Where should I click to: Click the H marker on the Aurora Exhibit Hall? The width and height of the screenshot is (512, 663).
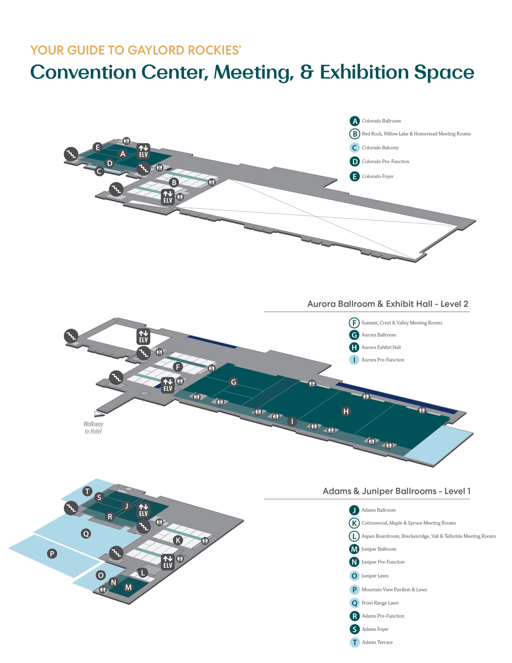pyautogui.click(x=346, y=411)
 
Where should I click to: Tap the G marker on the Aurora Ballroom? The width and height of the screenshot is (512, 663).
pyautogui.click(x=233, y=382)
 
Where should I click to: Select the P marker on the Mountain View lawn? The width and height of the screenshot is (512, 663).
pyautogui.click(x=52, y=554)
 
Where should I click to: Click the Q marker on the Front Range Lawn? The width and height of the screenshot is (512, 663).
pyautogui.click(x=86, y=533)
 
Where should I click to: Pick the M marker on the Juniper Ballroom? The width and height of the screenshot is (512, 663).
pyautogui.click(x=128, y=587)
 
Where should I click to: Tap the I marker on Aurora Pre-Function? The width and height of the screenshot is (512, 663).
pyautogui.click(x=292, y=421)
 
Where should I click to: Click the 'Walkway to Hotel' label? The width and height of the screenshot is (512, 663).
pyautogui.click(x=93, y=427)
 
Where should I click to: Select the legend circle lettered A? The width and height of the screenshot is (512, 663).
pyautogui.click(x=354, y=121)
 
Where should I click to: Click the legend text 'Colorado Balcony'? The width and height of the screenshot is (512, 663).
pyautogui.click(x=380, y=148)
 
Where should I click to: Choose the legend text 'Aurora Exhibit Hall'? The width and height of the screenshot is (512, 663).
pyautogui.click(x=381, y=347)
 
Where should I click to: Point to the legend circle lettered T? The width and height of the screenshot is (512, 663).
pyautogui.click(x=354, y=642)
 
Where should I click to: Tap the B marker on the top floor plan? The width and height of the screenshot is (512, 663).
pyautogui.click(x=174, y=182)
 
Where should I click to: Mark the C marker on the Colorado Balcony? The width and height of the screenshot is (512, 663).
pyautogui.click(x=99, y=171)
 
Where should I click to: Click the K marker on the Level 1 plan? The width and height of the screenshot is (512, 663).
pyautogui.click(x=178, y=540)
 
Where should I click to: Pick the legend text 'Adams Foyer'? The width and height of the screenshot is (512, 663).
pyautogui.click(x=375, y=629)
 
